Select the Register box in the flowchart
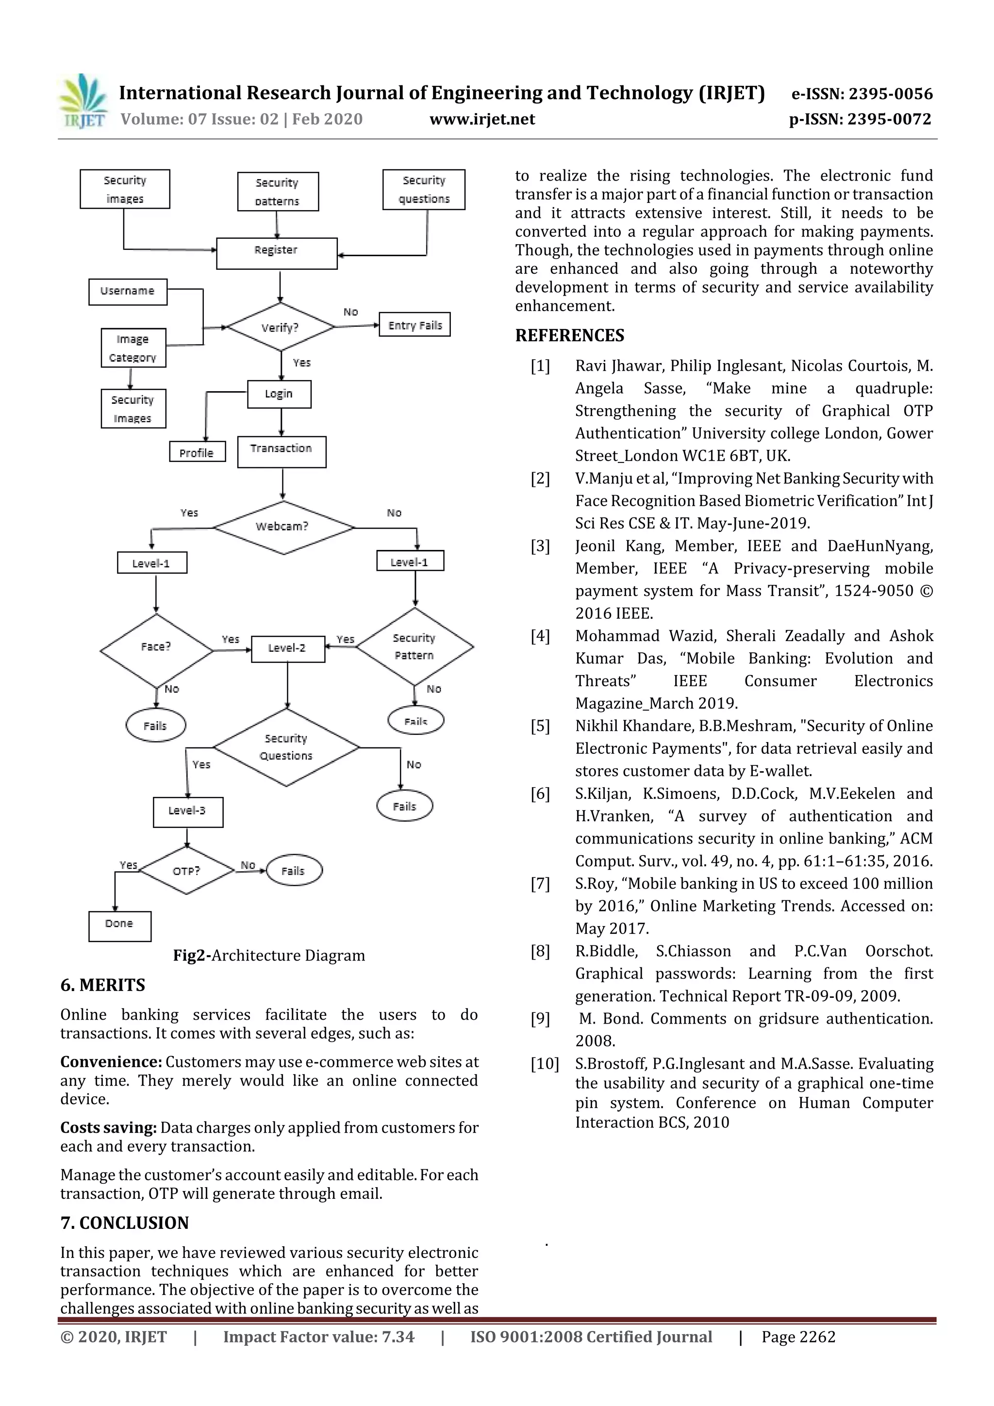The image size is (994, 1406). point(277,253)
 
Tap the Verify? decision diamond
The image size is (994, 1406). point(281,327)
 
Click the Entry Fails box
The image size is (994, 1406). point(414,325)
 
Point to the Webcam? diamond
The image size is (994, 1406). point(283,527)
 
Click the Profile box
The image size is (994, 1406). point(197,452)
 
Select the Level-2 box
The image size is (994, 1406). point(287,648)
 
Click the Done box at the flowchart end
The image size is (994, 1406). point(119,926)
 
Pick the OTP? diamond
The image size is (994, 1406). point(186,870)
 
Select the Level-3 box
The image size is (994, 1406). point(187,811)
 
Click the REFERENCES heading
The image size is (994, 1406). point(570,335)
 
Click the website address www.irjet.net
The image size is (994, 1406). point(482,119)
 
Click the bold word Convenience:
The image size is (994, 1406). point(111,1062)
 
